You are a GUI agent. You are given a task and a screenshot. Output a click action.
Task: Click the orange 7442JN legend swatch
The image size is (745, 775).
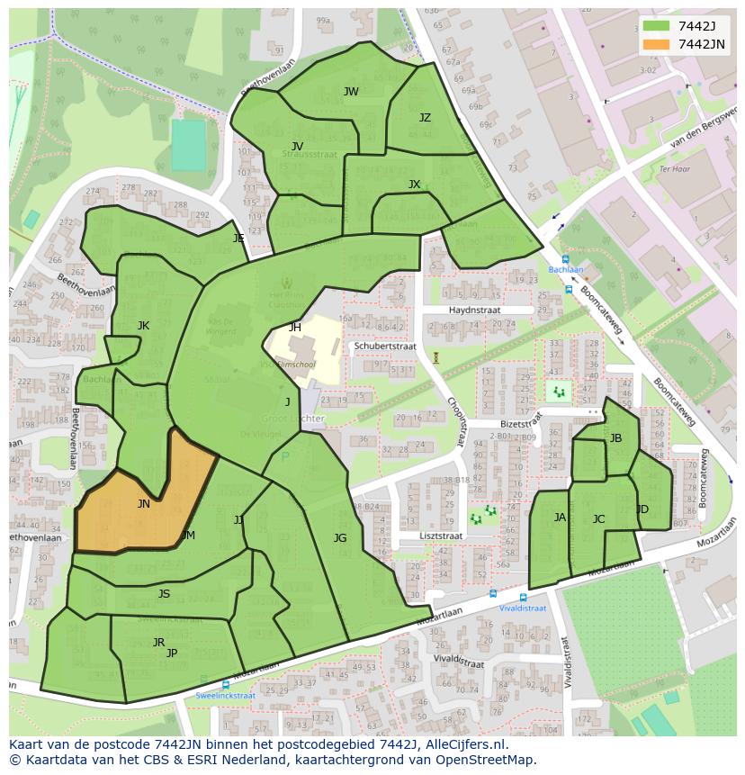coord(656,44)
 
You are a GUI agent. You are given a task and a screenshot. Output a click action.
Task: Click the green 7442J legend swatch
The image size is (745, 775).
coord(656,26)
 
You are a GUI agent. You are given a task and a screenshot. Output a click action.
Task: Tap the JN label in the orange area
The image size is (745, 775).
coord(143,504)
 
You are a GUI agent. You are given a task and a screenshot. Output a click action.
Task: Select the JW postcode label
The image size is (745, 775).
coord(351,92)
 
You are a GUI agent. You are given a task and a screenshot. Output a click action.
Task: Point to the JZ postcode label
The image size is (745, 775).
coord(425,118)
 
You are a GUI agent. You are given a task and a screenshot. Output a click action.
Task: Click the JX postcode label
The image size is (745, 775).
coord(414,185)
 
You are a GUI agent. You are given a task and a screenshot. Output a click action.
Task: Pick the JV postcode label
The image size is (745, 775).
coord(297,146)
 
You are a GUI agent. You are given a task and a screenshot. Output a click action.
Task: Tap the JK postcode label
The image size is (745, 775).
coord(143,326)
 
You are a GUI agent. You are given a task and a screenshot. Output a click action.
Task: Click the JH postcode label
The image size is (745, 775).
coord(295,328)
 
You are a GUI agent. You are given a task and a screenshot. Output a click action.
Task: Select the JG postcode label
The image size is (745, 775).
coord(339,538)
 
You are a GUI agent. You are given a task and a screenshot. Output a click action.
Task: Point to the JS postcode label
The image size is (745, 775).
coord(164,594)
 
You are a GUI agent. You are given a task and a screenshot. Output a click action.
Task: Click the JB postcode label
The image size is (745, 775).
coord(615,438)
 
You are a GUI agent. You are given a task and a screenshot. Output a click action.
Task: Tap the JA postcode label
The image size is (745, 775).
coord(560,518)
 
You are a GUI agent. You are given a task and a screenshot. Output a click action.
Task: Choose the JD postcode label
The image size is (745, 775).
coord(642,509)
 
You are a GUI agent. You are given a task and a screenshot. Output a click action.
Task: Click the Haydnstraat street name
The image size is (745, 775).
coord(473,310)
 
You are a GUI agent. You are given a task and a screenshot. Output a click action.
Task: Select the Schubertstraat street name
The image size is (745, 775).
coord(384,346)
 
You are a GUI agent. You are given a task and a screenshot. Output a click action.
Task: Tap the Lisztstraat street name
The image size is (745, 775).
coord(440,536)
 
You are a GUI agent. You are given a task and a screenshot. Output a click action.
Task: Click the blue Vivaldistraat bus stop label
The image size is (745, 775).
coord(523,608)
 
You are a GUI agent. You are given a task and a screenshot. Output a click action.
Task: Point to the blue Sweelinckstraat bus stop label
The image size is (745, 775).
coord(225,696)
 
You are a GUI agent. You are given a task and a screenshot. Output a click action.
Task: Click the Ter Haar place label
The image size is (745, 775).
coord(673,168)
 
